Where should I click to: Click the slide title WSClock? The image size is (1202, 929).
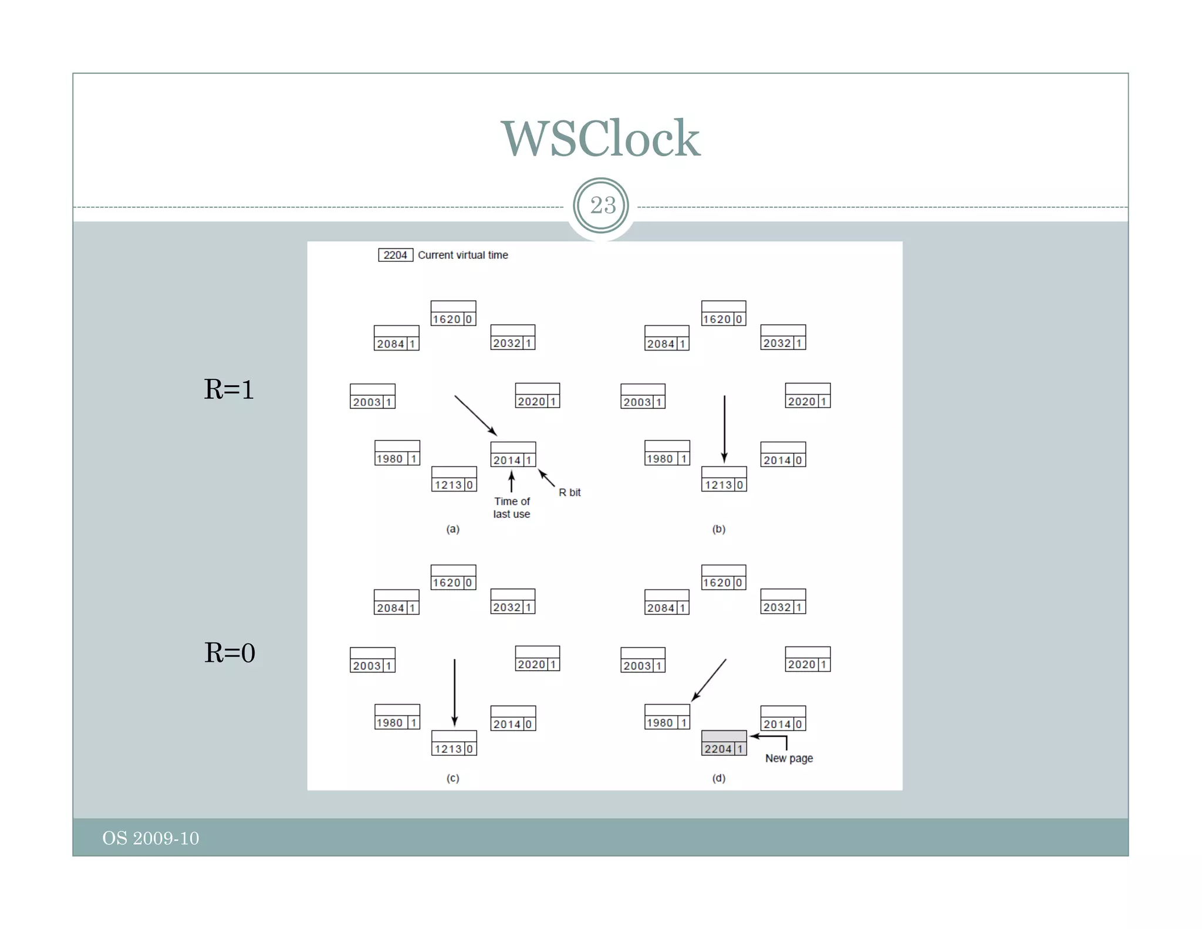click(600, 139)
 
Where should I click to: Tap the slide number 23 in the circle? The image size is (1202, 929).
click(602, 206)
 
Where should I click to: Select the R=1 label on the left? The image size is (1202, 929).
click(229, 389)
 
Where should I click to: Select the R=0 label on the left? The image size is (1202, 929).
click(229, 653)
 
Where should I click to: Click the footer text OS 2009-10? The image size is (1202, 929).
click(151, 838)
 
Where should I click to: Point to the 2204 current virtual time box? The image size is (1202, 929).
click(395, 255)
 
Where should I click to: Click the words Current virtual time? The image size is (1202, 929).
click(462, 255)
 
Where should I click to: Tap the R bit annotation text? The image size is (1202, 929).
click(569, 493)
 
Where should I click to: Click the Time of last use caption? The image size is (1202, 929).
click(511, 507)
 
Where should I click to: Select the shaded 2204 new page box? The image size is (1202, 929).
click(724, 743)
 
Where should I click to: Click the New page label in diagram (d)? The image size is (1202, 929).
click(789, 758)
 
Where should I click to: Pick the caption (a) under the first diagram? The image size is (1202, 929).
click(453, 529)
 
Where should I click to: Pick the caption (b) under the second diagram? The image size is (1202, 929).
click(718, 529)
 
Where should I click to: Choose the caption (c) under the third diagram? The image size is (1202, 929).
click(453, 778)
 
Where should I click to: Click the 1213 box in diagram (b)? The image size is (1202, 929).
click(724, 479)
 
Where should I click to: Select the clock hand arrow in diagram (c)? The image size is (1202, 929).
click(454, 693)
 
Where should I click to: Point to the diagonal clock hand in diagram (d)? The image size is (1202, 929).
click(709, 680)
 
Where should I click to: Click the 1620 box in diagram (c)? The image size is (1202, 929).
click(453, 577)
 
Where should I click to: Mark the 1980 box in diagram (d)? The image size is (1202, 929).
click(667, 717)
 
